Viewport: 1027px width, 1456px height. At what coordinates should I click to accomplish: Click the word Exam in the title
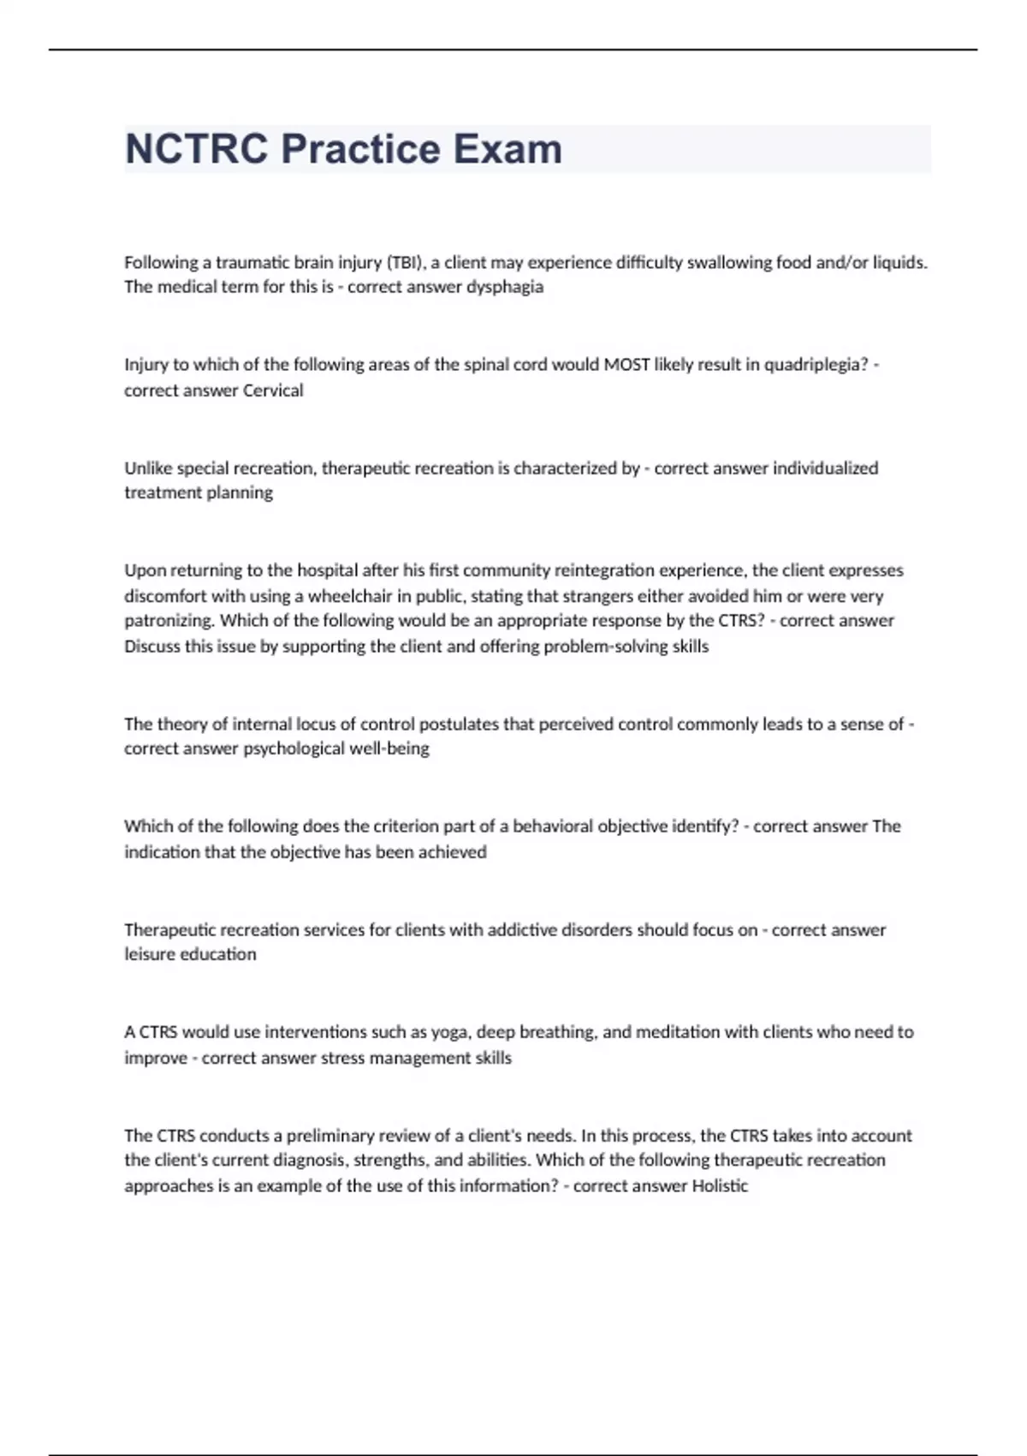pos(508,149)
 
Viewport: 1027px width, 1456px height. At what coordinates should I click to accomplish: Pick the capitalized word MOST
pos(626,365)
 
